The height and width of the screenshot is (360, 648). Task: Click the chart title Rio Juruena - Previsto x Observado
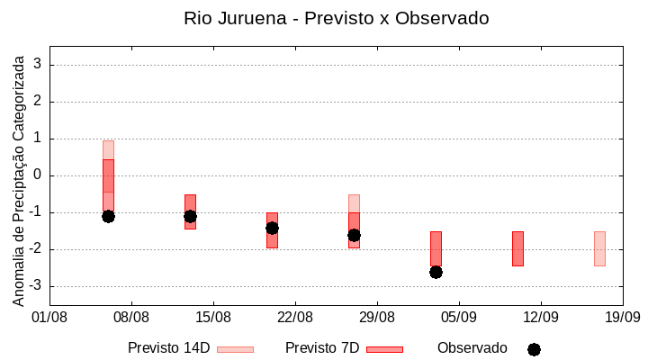coord(336,18)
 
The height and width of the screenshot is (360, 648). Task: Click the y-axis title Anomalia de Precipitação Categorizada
coord(18,178)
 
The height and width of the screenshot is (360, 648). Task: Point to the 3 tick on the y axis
coord(38,65)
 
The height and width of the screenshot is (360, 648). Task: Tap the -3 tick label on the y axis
coord(35,286)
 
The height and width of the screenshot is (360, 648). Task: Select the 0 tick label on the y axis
coord(38,175)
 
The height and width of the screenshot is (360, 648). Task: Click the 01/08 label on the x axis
coord(49,317)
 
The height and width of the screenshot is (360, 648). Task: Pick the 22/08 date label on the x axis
coord(294,317)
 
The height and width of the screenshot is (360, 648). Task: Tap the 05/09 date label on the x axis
coord(458,317)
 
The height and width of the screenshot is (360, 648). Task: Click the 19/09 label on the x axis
coord(622,317)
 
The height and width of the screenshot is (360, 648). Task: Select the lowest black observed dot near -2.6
coord(436,272)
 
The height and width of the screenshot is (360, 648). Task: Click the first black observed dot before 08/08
coord(108,216)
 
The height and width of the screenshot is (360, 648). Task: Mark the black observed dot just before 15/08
coord(190,216)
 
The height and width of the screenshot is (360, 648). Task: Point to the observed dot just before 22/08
coord(272,228)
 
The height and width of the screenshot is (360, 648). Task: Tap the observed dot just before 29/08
coord(354,235)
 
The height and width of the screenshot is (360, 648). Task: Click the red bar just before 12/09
coord(517,248)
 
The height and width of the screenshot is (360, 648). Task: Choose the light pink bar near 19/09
coord(599,248)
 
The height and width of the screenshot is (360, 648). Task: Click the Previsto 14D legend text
coord(168,348)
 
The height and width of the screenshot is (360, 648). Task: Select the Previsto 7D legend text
coord(322,348)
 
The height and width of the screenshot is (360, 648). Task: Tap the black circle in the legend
coord(534,349)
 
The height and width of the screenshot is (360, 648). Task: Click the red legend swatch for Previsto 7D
coord(384,349)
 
